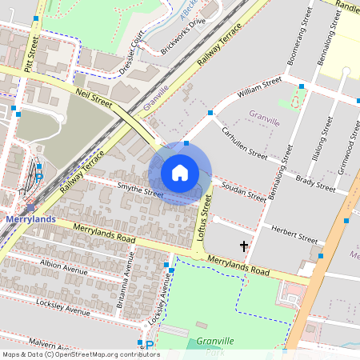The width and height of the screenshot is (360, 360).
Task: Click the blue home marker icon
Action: click(180, 172)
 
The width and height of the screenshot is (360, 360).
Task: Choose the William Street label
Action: click(260, 87)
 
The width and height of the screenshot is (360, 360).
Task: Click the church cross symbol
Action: click(244, 246)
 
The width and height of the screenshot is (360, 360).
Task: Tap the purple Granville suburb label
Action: click(264, 122)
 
